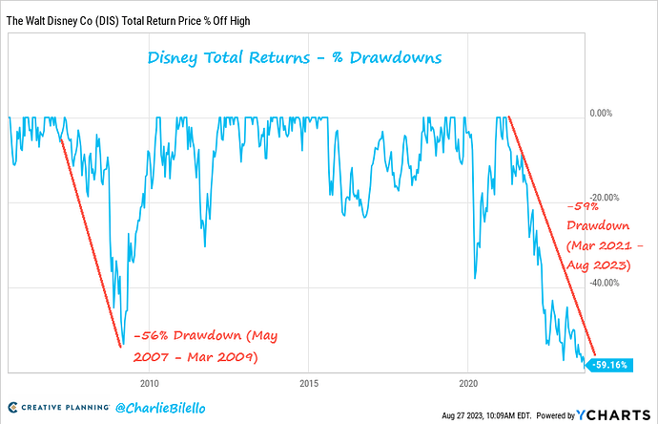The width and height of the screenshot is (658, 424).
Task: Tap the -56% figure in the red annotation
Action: [x=150, y=335]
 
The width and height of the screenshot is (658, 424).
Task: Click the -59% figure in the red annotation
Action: [x=581, y=205]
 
